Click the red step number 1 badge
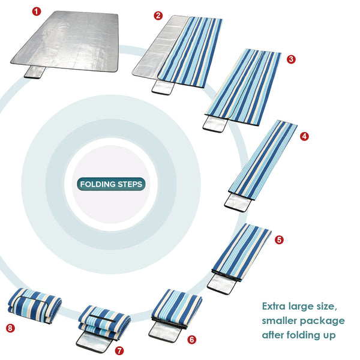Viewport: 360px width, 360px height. (37, 11)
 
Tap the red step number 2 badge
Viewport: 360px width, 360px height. (158, 16)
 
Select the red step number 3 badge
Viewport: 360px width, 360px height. (291, 59)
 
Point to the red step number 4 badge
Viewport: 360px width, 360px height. (304, 136)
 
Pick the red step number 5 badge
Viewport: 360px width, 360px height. (279, 239)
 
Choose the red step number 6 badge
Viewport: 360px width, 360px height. (191, 340)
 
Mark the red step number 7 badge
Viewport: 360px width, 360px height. (119, 350)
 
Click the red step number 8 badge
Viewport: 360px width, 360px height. (10, 328)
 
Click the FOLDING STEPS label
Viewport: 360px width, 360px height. (111, 184)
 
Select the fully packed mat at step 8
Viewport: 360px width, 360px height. (34, 305)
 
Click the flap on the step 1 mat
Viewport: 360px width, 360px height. (38, 73)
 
